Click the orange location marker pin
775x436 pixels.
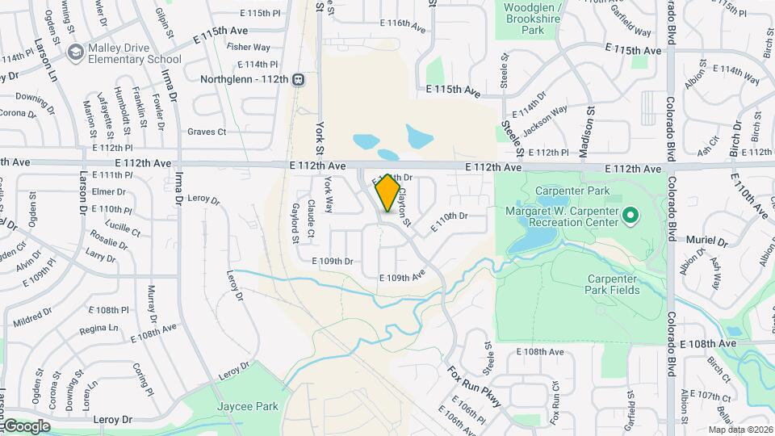tap(387, 192)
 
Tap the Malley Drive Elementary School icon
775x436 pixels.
tap(75, 52)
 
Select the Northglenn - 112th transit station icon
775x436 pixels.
tap(299, 79)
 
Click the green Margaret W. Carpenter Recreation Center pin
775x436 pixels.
tap(631, 216)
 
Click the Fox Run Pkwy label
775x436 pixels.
tap(468, 386)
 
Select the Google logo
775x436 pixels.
tap(26, 426)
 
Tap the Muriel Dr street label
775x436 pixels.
tap(707, 241)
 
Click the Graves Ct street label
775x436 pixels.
tap(207, 132)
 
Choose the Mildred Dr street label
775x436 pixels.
tap(32, 318)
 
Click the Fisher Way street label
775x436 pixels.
tap(249, 48)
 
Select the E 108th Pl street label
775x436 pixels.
tap(108, 310)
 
